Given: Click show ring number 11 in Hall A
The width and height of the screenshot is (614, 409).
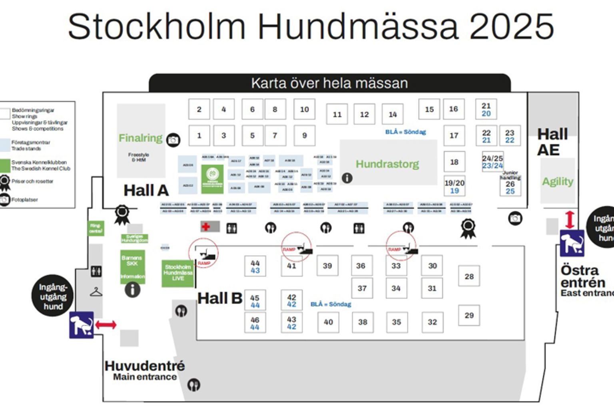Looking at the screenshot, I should [337, 115].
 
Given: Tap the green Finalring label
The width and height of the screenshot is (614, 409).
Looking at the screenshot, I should [140, 138].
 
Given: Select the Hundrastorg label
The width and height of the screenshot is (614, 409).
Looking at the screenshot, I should [387, 164].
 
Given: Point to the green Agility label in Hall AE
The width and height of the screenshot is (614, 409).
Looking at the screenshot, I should [558, 182].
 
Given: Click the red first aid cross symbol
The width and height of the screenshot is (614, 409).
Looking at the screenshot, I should [206, 227].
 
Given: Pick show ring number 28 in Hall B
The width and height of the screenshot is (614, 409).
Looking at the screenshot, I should [469, 276].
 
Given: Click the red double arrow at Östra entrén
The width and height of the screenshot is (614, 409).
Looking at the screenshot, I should [570, 220].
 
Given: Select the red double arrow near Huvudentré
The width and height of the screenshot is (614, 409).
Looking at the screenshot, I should [106, 325].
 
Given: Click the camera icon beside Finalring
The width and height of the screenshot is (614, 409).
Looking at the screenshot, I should [173, 140].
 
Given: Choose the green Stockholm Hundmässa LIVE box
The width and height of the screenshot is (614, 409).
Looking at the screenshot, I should [178, 273].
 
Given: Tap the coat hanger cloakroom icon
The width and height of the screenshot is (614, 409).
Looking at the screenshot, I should [96, 292].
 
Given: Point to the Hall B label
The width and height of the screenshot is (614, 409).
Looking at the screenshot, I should [220, 298].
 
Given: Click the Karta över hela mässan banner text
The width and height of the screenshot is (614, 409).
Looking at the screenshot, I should [329, 83].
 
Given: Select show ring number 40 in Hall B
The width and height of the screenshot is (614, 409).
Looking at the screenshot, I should [328, 322].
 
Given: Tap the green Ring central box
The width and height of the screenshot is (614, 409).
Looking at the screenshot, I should [96, 228].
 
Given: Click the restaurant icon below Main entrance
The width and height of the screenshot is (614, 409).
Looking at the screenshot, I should [194, 385].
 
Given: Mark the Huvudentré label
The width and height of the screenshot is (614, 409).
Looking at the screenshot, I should [145, 365].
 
